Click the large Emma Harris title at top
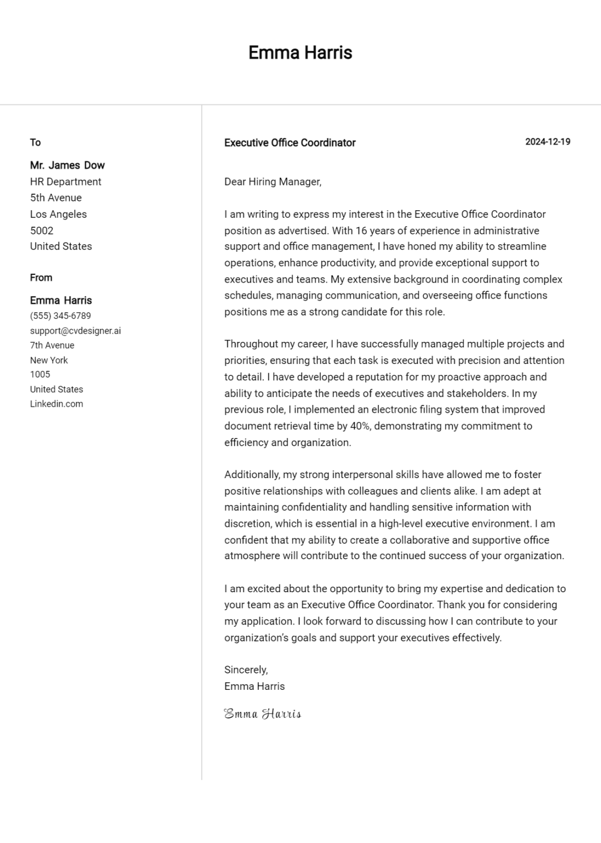300,53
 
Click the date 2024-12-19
547,142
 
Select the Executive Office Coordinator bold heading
290,143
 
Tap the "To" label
35,143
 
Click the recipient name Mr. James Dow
67,165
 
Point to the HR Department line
65,182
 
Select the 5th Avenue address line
55,198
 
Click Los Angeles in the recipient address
58,214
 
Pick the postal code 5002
42,231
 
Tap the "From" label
41,278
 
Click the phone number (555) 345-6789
60,316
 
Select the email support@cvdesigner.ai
75,331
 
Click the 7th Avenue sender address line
52,345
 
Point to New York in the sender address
49,360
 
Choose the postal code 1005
40,374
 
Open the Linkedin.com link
57,404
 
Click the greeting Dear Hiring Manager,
273,182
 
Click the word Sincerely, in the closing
246,670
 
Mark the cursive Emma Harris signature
262,713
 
